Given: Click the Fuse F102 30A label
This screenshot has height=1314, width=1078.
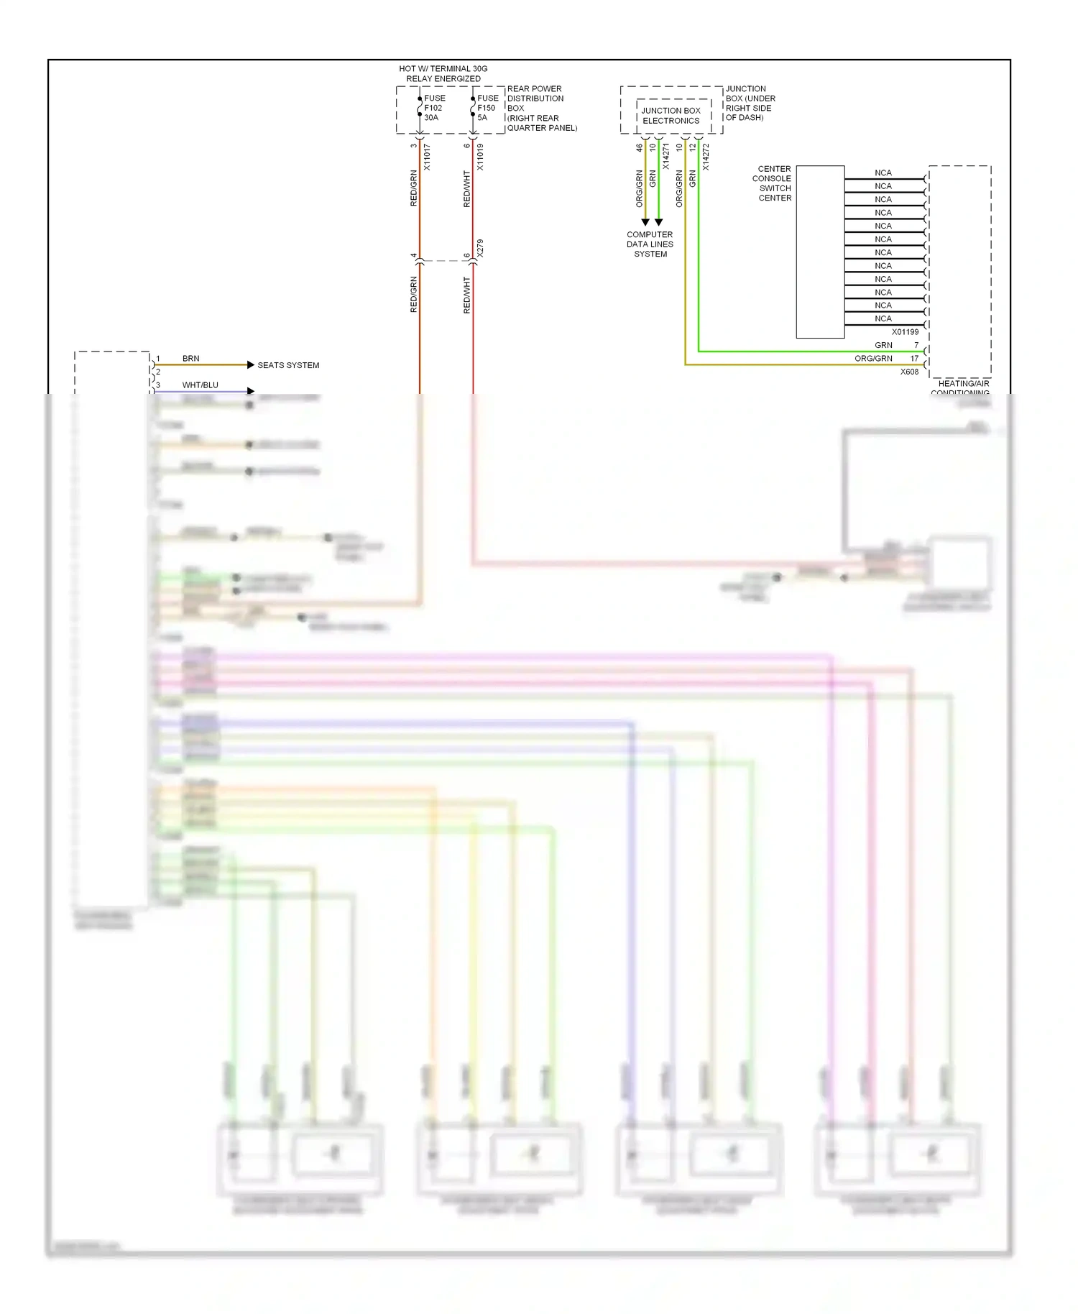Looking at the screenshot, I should [434, 108].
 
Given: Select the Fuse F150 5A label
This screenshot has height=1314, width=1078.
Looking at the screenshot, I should [487, 108].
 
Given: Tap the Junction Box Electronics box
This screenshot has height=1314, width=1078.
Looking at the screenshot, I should [671, 116].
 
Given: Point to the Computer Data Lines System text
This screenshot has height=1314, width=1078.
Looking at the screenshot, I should [650, 244].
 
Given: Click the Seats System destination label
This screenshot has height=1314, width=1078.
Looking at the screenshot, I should [288, 365].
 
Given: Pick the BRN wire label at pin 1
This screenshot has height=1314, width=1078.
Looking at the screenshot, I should [190, 358].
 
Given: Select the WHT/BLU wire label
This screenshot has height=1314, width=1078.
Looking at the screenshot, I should [200, 385].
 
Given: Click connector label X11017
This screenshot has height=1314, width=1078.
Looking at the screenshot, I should [427, 157].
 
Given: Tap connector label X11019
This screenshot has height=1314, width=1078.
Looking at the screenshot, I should [480, 157].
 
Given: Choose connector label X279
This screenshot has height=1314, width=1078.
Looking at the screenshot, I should [480, 248].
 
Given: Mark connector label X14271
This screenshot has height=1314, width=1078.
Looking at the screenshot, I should [665, 157].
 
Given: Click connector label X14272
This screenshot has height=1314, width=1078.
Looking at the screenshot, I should [706, 157].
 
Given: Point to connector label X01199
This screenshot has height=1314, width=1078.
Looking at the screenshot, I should [905, 332].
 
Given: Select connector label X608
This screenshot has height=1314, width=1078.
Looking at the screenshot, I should [909, 372].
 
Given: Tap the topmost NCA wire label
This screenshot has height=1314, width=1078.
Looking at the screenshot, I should [883, 173].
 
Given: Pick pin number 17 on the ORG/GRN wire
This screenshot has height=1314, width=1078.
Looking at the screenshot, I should [914, 358].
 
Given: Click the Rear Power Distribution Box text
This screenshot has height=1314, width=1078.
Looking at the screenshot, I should [542, 109].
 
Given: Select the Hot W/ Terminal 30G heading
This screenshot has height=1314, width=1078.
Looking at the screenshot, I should [443, 73].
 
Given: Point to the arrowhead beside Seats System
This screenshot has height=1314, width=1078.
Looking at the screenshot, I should [250, 365].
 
